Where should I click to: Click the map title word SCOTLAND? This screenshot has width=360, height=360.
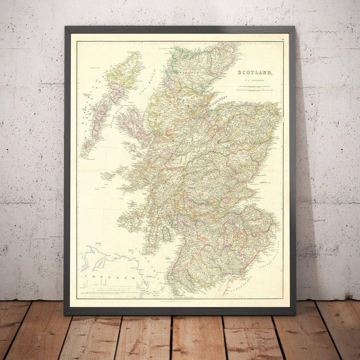(256, 73)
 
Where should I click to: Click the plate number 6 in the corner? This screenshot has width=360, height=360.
(282, 39)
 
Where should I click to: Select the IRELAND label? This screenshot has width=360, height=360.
(109, 278)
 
